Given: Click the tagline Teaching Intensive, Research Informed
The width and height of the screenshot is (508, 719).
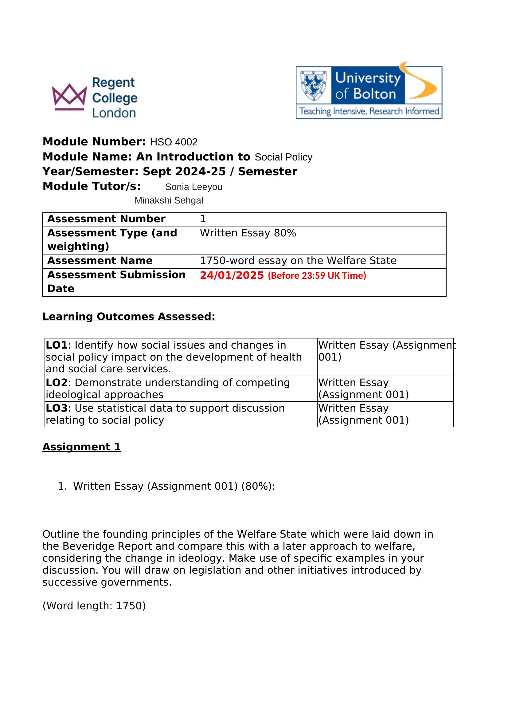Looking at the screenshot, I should coord(369,112).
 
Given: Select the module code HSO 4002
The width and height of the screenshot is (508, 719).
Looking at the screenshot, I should coord(174,142).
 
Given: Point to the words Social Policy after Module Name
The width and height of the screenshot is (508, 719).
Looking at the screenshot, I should coord(283,157).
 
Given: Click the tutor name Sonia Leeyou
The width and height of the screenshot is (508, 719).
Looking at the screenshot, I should coord(193,187).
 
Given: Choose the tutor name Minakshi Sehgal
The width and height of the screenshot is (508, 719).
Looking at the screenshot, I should coord(169,200).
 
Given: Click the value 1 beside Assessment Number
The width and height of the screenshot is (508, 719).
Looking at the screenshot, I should coord(203,219).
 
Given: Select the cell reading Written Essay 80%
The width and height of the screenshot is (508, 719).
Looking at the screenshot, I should coord(248,233).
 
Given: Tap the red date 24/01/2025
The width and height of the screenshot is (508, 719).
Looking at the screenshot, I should coord(232,275).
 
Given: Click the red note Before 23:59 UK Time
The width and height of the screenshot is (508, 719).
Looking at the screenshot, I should coord(317,275).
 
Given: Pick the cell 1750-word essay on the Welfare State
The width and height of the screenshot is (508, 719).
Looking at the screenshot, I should coord(298,261).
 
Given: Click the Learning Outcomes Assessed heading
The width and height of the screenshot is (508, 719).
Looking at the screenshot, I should coord(129,317).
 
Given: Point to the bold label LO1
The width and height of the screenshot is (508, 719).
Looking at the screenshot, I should coord(57,345).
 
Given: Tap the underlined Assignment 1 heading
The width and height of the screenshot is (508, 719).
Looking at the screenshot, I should coord(82,447).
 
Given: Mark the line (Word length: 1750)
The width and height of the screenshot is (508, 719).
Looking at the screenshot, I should coord(94,606).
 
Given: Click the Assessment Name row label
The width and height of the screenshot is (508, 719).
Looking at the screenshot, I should coord(100,261).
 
